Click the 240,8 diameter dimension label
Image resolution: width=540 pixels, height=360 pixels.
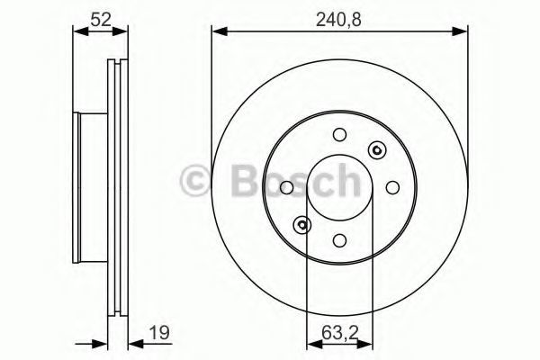coord(338,20)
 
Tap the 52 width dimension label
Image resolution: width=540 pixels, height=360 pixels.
coord(101,19)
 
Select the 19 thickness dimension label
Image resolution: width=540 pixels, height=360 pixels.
coord(159,333)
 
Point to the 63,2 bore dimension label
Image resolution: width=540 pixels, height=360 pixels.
coord(340,333)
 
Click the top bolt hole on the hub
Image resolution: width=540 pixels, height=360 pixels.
coord(339,134)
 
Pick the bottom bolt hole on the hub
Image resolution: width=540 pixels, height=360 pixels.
coord(339,240)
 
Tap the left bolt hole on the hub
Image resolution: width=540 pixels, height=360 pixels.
coord(286,187)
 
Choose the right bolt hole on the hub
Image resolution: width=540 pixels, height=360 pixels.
coord(392,187)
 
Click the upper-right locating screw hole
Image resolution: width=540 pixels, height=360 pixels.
coord(377,150)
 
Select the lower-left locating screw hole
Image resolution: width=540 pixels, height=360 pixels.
coord(302,225)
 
